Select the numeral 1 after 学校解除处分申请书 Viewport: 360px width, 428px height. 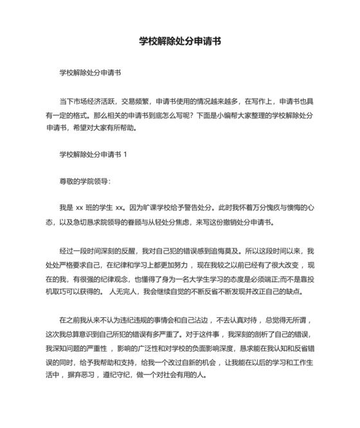tap(125, 155)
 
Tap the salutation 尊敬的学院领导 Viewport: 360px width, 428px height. tap(84, 181)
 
